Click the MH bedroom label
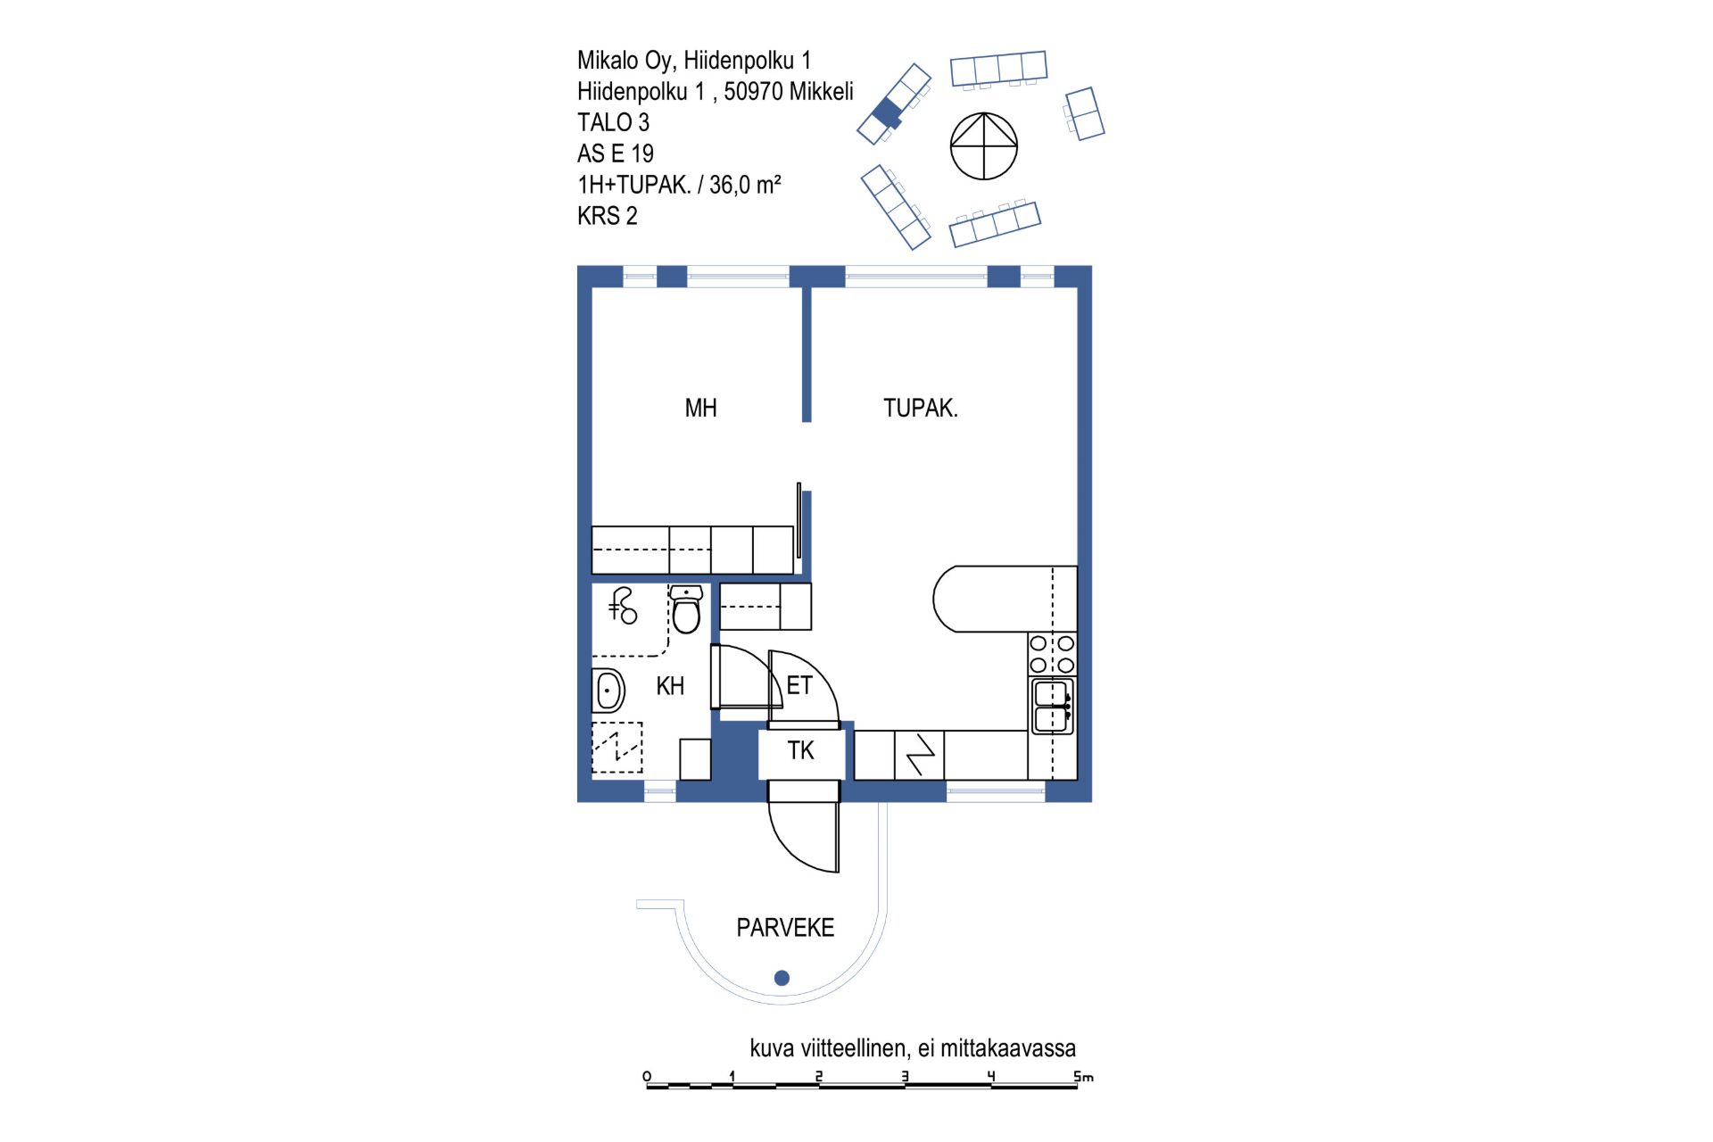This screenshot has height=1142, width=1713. tap(700, 409)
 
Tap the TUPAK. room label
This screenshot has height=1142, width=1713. tap(920, 409)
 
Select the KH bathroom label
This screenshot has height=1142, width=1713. tap(670, 686)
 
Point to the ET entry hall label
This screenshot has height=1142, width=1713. tap(799, 685)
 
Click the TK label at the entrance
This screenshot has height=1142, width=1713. tap(800, 750)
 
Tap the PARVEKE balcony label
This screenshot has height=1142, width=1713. tap(785, 928)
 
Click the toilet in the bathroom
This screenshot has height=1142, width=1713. tap(686, 608)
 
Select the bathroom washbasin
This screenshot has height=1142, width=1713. tap(608, 690)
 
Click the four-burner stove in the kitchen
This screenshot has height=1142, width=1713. tap(1053, 654)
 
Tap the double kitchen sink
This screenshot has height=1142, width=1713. tap(1053, 706)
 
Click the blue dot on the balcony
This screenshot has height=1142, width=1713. tap(782, 978)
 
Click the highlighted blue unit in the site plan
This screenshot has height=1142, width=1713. tap(888, 112)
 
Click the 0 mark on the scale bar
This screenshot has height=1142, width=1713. tap(647, 1077)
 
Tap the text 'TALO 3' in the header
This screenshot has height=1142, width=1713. tap(613, 122)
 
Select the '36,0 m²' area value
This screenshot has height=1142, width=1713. tap(745, 185)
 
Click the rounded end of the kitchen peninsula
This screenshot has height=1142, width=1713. tap(945, 599)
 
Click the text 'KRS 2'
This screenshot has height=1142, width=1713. tap(607, 216)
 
